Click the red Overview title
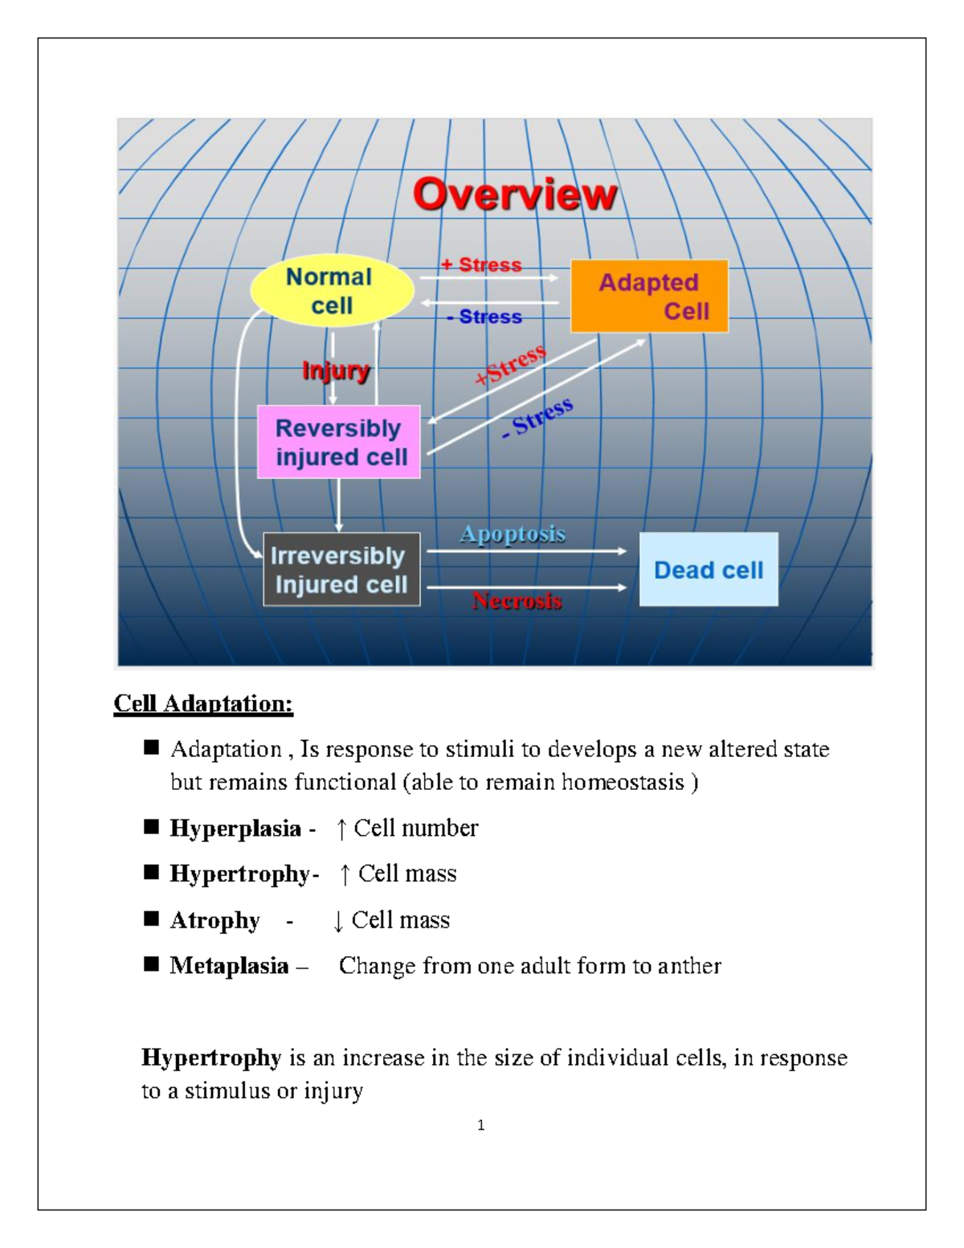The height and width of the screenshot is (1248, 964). pyautogui.click(x=515, y=195)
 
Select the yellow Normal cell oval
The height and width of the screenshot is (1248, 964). pyautogui.click(x=331, y=291)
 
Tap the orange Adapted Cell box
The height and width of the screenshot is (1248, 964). pyautogui.click(x=649, y=296)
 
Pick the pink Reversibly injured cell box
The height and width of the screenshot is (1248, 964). pyautogui.click(x=339, y=442)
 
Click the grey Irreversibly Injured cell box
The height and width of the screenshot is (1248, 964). pyautogui.click(x=341, y=569)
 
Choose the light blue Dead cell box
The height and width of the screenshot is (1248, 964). pyautogui.click(x=709, y=570)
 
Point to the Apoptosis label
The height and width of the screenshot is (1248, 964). pyautogui.click(x=513, y=534)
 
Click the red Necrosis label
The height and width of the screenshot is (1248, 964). pyautogui.click(x=517, y=601)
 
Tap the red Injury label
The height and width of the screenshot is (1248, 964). pyautogui.click(x=335, y=370)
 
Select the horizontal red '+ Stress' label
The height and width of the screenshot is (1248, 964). pyautogui.click(x=481, y=264)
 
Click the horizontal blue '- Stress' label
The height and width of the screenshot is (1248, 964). pyautogui.click(x=484, y=317)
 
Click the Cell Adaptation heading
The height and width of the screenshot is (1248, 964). pyautogui.click(x=203, y=703)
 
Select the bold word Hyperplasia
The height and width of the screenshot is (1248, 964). pyautogui.click(x=235, y=829)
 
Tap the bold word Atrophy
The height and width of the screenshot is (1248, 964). pyautogui.click(x=215, y=920)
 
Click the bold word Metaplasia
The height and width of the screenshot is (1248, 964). pyautogui.click(x=229, y=966)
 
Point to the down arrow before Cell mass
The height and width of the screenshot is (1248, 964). pyautogui.click(x=338, y=921)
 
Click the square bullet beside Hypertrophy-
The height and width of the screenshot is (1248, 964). pyautogui.click(x=151, y=873)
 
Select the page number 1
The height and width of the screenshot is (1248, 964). pyautogui.click(x=481, y=1125)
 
